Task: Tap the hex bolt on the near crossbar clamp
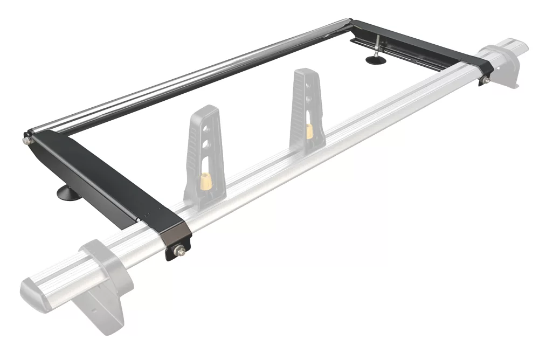point(178,250)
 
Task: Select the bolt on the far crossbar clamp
point(484,80)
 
